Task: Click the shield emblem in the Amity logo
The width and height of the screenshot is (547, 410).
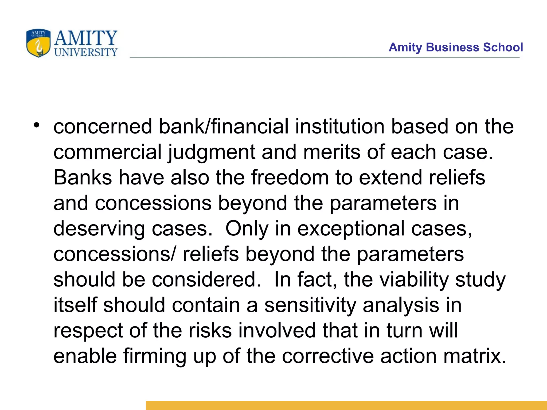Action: click(38, 43)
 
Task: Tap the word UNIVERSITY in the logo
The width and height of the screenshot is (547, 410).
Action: click(86, 52)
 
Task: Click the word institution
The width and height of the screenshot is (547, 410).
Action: click(339, 127)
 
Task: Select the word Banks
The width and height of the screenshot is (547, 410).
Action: click(83, 178)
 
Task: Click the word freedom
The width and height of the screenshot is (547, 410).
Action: click(290, 178)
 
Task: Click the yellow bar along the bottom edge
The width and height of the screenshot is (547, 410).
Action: click(346, 405)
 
